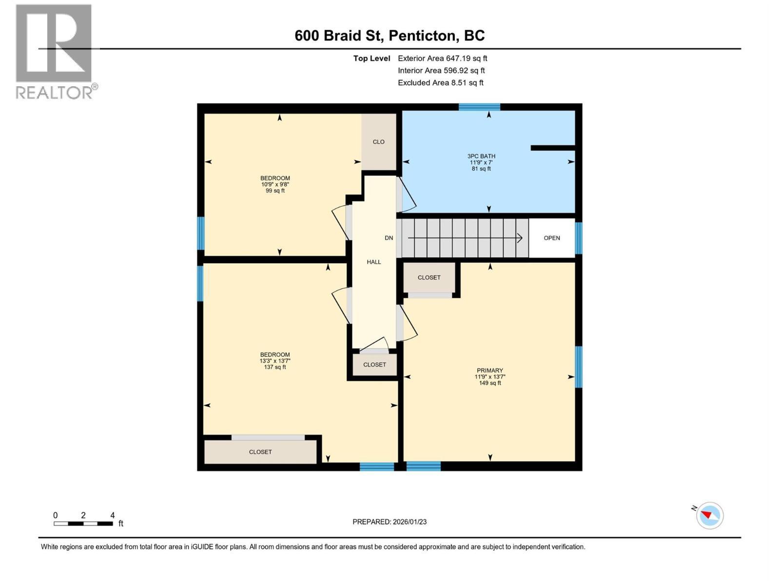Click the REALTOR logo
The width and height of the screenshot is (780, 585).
(57, 52)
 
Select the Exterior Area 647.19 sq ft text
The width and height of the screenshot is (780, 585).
(443, 58)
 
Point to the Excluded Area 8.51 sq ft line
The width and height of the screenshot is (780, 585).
(441, 83)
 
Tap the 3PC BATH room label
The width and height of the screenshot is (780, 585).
(481, 162)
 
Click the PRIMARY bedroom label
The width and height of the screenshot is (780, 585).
(489, 376)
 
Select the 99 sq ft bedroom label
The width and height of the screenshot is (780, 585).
(275, 184)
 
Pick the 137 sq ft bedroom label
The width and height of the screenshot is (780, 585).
(274, 361)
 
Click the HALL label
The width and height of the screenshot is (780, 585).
(374, 262)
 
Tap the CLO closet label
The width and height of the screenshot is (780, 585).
(378, 142)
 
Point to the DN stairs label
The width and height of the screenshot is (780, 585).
(389, 238)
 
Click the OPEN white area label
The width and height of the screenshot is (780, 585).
(551, 238)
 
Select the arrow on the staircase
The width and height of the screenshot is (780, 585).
(465, 237)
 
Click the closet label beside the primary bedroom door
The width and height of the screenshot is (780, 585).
(429, 278)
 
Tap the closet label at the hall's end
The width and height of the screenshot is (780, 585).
(374, 365)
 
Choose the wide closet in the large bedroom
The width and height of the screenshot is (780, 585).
(260, 452)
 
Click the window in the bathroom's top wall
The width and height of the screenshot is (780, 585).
(479, 107)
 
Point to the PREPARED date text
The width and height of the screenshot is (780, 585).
(390, 522)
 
